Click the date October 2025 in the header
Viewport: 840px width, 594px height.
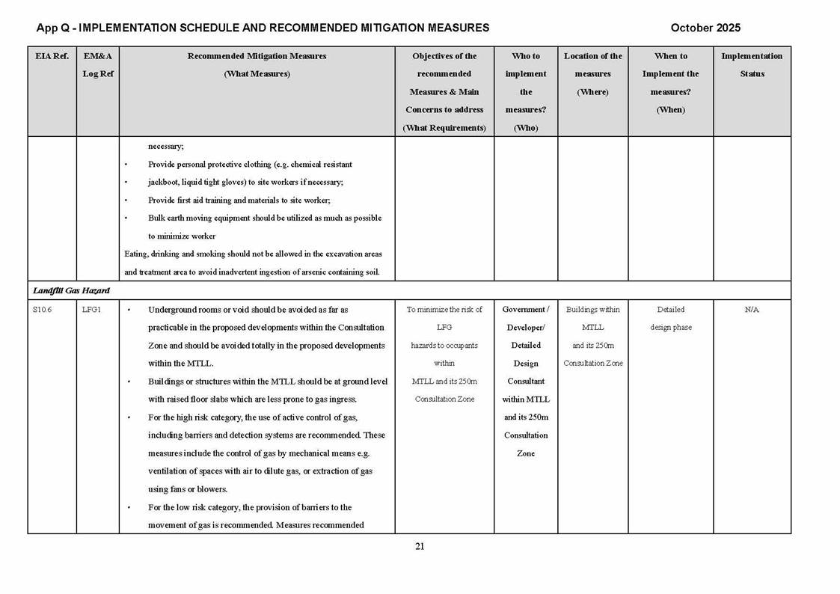(705, 28)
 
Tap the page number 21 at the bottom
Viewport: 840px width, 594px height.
(420, 546)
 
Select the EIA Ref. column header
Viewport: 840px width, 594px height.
(52, 56)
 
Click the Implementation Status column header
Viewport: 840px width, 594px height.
(752, 65)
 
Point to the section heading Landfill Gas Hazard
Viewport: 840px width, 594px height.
(72, 290)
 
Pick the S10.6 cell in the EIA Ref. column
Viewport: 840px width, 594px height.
(43, 310)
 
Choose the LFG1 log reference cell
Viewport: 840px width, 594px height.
(91, 310)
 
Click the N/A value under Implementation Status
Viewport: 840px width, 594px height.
(752, 310)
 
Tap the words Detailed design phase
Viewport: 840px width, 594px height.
(670, 319)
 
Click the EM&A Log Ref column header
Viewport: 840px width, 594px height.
(97, 65)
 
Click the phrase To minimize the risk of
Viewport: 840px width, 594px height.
(444, 310)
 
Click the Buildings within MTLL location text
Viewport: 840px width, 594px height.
(592, 319)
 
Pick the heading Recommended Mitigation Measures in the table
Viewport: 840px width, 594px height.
(257, 56)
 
